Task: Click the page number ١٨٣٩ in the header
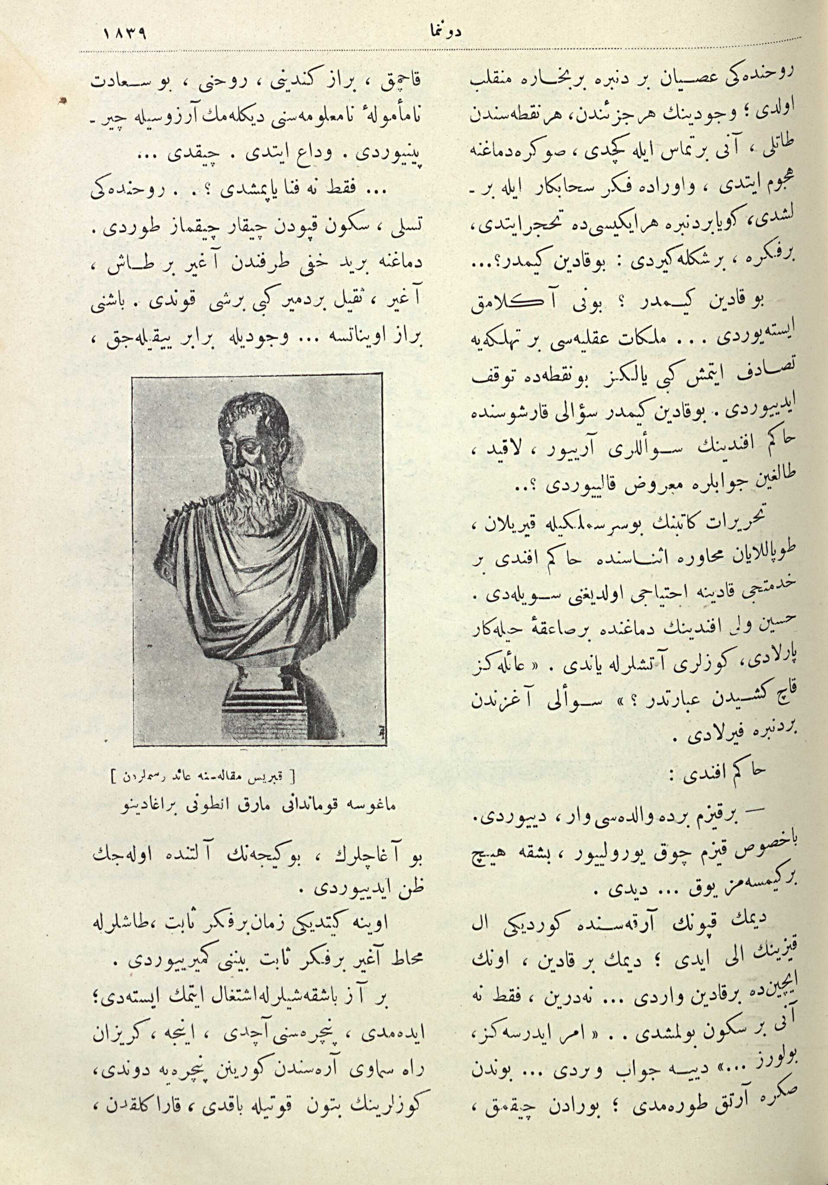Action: (126, 36)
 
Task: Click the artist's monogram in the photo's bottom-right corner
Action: (365, 733)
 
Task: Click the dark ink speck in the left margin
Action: (62, 100)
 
